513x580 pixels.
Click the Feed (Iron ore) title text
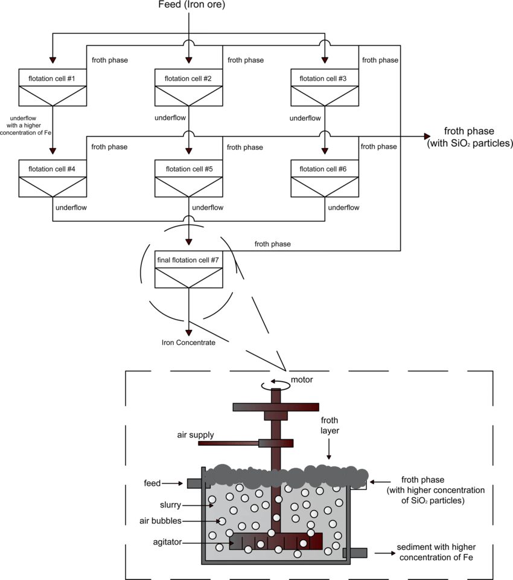(190, 6)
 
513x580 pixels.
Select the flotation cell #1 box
(53, 88)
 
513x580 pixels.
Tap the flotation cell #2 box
(189, 88)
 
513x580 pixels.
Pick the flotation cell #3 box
(325, 88)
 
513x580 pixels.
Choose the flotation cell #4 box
(53, 178)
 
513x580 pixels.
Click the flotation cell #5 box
(189, 178)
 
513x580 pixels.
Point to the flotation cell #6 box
(325, 178)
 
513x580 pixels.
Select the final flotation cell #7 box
(189, 268)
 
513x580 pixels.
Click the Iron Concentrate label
(188, 343)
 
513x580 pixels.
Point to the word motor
(302, 379)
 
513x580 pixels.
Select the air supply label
(195, 434)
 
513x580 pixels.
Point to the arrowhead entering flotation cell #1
(53, 59)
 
